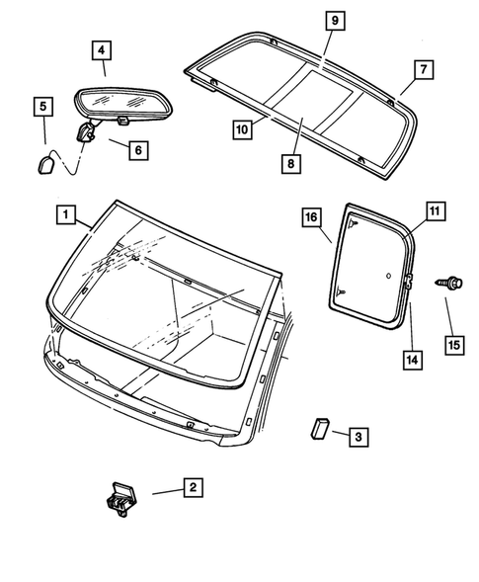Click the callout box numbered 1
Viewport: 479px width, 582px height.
point(64,212)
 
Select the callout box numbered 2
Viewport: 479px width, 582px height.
point(194,486)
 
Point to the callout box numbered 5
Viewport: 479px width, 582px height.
point(43,106)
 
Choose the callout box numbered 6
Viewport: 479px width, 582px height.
point(136,149)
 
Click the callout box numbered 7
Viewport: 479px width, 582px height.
point(421,69)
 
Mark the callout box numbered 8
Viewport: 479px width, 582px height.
point(291,163)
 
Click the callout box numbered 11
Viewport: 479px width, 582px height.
point(435,210)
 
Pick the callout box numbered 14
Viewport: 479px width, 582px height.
point(410,359)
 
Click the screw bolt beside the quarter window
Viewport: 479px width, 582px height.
point(446,285)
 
